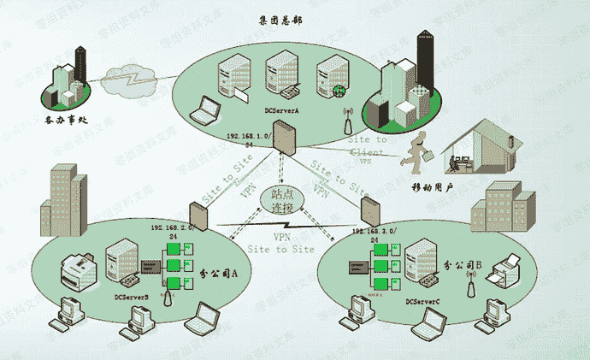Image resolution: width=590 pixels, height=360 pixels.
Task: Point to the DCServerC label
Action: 423,302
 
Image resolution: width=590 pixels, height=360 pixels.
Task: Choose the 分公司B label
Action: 465,266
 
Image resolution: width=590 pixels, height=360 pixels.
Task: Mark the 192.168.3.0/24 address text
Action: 373,235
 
